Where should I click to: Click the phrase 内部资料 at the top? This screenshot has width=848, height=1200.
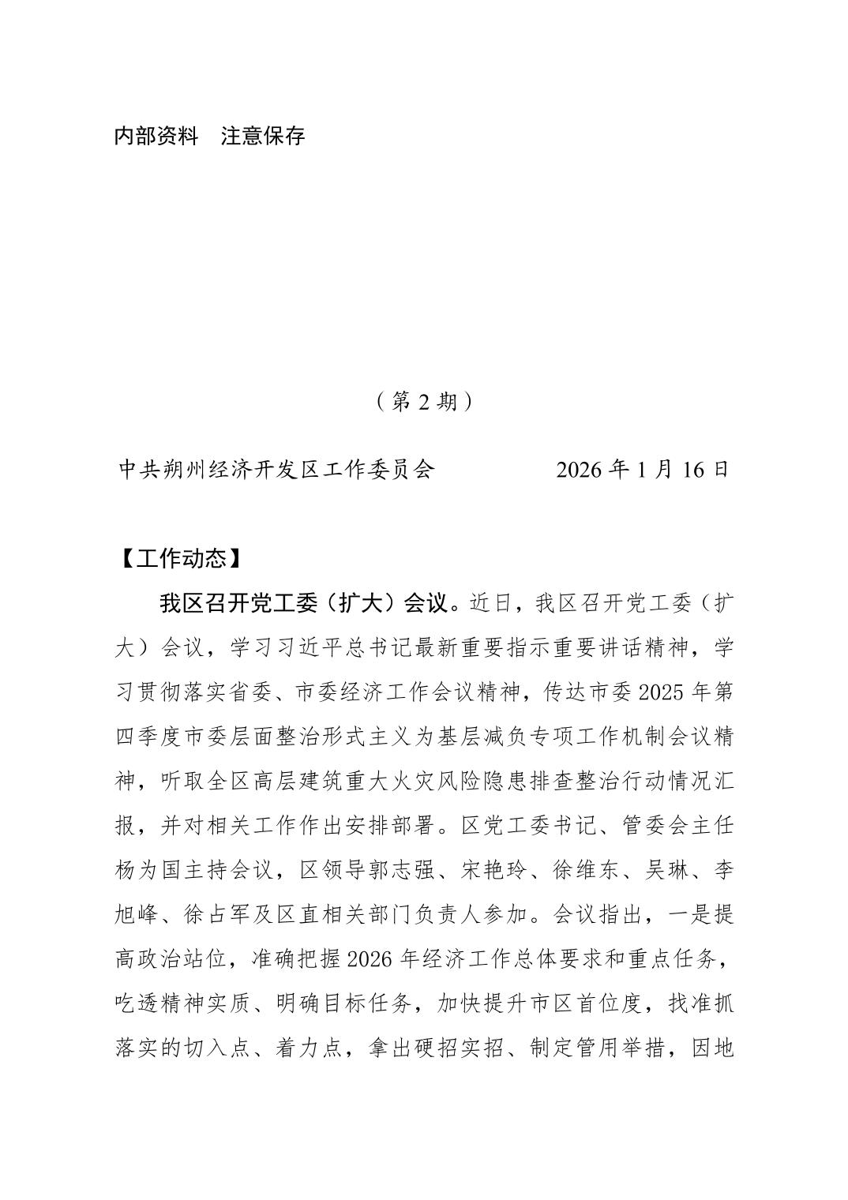[156, 137]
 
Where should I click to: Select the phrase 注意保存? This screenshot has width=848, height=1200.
[263, 137]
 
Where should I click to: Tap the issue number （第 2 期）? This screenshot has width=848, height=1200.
[425, 402]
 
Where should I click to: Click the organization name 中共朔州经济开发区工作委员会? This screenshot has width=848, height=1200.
[276, 470]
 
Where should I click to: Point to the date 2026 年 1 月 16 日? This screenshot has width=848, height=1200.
[642, 470]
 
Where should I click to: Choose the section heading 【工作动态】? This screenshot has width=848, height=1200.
[174, 559]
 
